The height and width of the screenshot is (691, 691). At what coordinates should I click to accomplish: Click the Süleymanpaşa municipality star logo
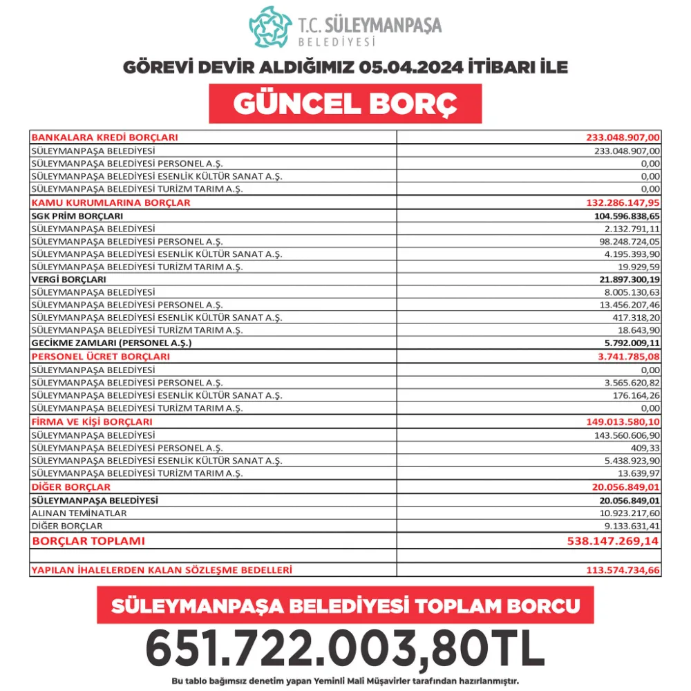(270, 28)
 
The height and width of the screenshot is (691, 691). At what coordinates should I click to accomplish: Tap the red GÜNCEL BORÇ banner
(345, 104)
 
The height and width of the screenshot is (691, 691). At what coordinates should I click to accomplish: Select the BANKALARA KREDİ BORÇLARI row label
(105, 137)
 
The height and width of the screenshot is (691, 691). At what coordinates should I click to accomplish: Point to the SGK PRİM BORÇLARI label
(77, 216)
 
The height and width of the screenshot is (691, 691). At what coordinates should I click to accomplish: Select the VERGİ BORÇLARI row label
(69, 279)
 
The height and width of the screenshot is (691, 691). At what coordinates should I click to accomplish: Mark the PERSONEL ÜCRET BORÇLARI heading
(101, 357)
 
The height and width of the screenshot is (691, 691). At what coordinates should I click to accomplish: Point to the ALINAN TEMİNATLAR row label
(79, 513)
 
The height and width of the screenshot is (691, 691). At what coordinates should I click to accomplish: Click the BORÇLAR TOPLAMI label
(89, 541)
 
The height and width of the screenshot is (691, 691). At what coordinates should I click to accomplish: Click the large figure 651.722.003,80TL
(345, 647)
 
